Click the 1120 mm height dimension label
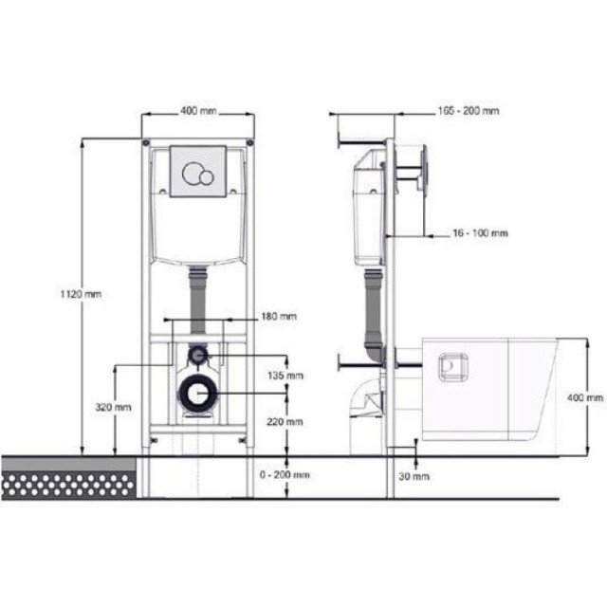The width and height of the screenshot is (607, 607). coord(81,294)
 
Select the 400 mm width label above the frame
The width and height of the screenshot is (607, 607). coord(198,111)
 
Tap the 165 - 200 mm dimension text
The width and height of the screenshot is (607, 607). coord(469,111)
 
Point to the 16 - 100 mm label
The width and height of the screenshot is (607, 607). coord(480,233)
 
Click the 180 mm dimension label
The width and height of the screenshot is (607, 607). coord(279,316)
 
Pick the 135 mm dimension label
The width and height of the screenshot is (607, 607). coord(285,376)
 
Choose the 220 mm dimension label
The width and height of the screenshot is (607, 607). coord(285,421)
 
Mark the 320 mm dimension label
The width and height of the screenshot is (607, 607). coord(113,407)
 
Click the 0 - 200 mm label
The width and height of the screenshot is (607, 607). coord(285,474)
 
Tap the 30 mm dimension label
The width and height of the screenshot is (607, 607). coord(414,476)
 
